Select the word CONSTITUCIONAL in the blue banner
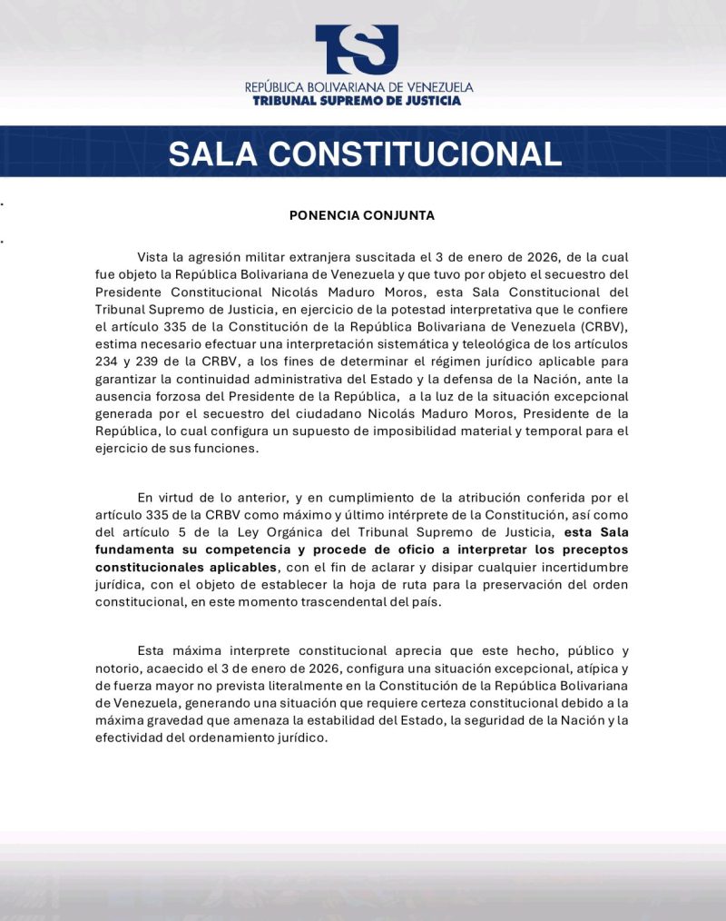pos(426,153)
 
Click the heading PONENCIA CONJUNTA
pos(362,216)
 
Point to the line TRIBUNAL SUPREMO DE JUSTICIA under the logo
pos(358,101)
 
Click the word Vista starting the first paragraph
pos(154,258)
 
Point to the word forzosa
pos(176,396)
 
